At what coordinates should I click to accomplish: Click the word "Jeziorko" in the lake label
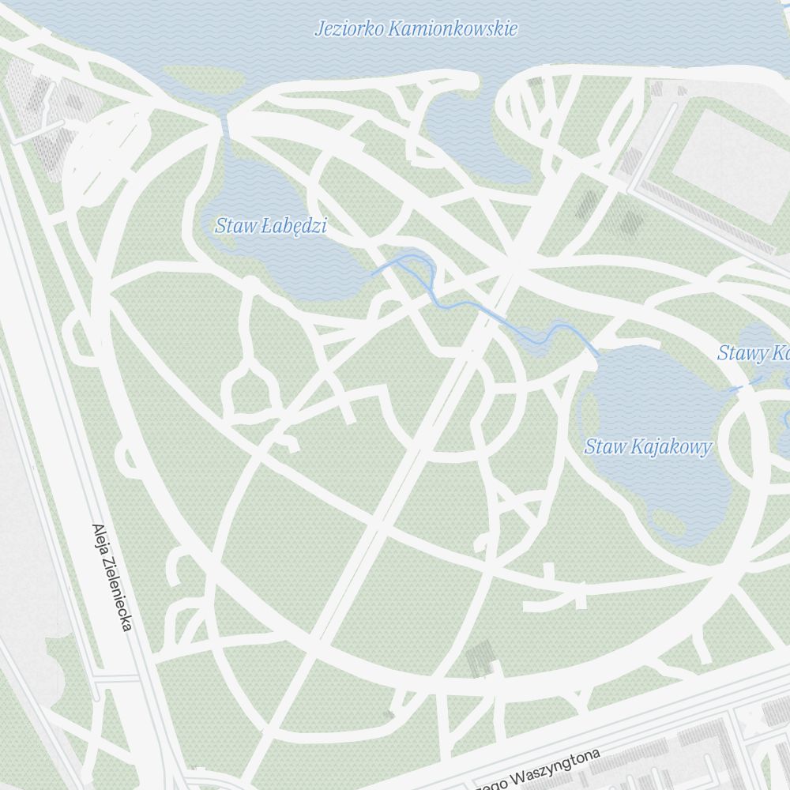(348, 29)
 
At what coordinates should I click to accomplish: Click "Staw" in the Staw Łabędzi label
(235, 227)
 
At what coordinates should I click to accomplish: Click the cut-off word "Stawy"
(739, 353)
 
